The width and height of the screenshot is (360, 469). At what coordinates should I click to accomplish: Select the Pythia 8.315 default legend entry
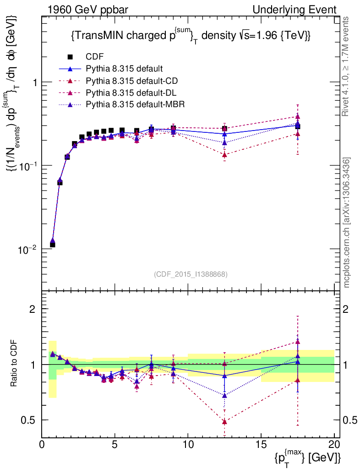pos(124,69)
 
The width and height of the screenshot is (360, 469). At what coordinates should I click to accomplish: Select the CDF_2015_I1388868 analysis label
pos(191,274)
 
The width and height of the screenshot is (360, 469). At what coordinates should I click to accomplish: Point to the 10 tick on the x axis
pos(188,444)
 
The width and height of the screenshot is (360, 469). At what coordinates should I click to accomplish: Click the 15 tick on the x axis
pos(261,444)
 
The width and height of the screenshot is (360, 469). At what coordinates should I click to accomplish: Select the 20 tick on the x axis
pos(334,444)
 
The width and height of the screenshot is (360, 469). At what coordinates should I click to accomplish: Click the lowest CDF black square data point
pos(53,245)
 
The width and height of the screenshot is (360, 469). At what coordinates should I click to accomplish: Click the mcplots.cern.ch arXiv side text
pos(347,223)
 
